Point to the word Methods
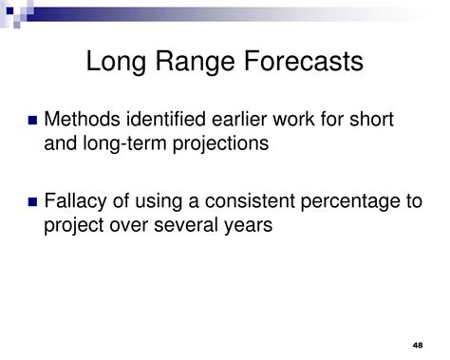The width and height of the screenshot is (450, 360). (x=84, y=121)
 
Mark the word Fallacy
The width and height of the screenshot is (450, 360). (x=78, y=202)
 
